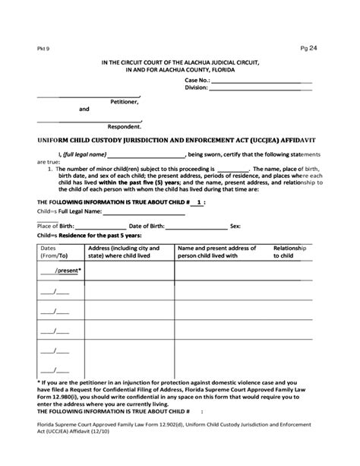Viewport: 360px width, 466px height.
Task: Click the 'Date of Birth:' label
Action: click(150, 226)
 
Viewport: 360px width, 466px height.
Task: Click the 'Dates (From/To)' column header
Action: click(49, 252)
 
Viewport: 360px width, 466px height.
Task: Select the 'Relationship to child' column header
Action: click(289, 252)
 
